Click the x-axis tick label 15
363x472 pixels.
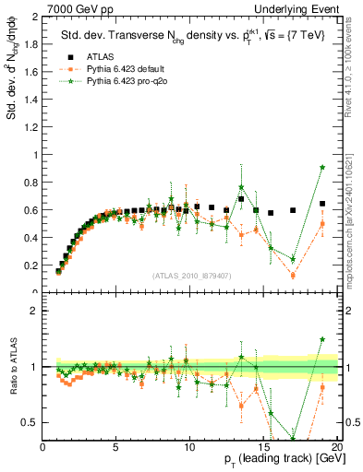point(263,448)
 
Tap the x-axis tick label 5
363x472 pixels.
point(116,448)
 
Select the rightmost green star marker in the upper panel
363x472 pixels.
point(322,167)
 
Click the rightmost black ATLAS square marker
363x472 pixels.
point(322,204)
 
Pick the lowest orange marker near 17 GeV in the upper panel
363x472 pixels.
point(293,275)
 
